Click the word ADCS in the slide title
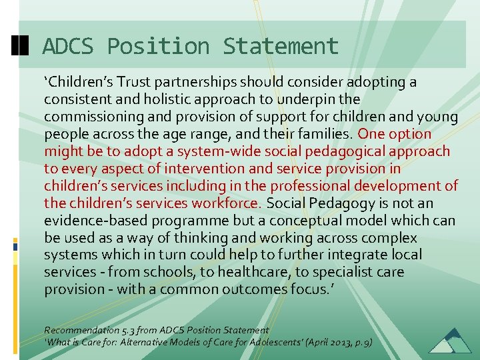click(69, 47)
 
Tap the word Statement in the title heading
click(281, 47)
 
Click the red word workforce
click(225, 203)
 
